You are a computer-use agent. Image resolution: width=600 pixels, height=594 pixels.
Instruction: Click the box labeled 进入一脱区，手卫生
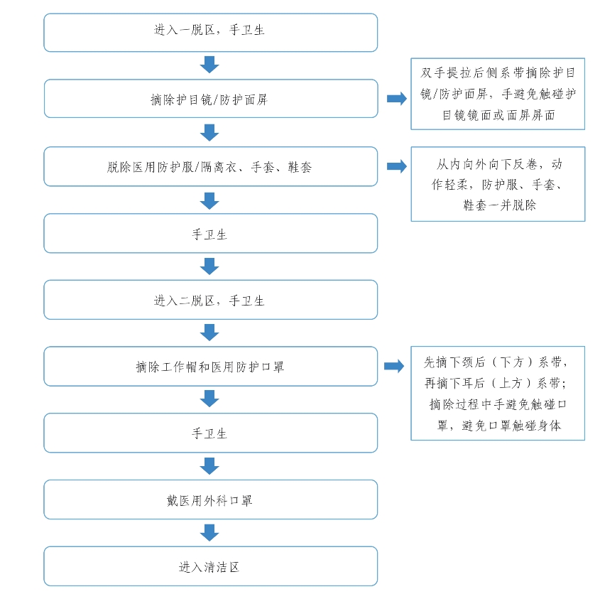(210, 33)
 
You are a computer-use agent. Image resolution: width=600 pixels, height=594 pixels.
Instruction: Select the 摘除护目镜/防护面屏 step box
(211, 99)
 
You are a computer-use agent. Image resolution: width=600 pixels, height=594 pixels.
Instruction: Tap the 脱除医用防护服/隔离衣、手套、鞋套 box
(210, 166)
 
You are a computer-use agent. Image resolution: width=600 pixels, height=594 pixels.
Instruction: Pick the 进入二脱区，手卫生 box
(210, 300)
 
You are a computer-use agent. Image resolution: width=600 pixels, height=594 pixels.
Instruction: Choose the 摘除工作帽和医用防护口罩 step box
(210, 367)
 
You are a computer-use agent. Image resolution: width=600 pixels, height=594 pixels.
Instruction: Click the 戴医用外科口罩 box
(210, 499)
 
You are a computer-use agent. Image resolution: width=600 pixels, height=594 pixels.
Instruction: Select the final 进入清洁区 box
(210, 566)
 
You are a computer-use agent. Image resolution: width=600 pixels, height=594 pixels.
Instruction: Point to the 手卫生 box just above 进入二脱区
(210, 233)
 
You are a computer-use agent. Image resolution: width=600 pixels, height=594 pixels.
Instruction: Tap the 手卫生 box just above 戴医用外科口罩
(210, 433)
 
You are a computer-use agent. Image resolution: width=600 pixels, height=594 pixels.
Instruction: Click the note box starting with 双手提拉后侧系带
(498, 94)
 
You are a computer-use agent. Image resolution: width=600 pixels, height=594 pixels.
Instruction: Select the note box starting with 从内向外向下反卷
(498, 184)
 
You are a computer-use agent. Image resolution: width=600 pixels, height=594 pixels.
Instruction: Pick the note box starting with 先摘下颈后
(498, 394)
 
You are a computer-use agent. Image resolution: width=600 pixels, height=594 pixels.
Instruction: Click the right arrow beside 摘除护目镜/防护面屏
(397, 99)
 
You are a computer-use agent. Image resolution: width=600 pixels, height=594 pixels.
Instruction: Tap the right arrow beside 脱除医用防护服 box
(397, 166)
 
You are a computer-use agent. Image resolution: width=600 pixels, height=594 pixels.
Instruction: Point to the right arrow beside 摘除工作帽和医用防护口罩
(394, 366)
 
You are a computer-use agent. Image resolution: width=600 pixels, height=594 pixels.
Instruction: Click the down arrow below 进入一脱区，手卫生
(209, 65)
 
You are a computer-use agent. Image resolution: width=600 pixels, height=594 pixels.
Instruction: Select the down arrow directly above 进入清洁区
(209, 533)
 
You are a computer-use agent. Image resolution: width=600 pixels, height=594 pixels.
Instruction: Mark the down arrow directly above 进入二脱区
(209, 266)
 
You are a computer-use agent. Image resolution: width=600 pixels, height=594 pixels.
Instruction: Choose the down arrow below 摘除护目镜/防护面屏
(209, 132)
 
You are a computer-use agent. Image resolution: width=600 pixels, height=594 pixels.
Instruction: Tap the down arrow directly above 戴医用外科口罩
(209, 466)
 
